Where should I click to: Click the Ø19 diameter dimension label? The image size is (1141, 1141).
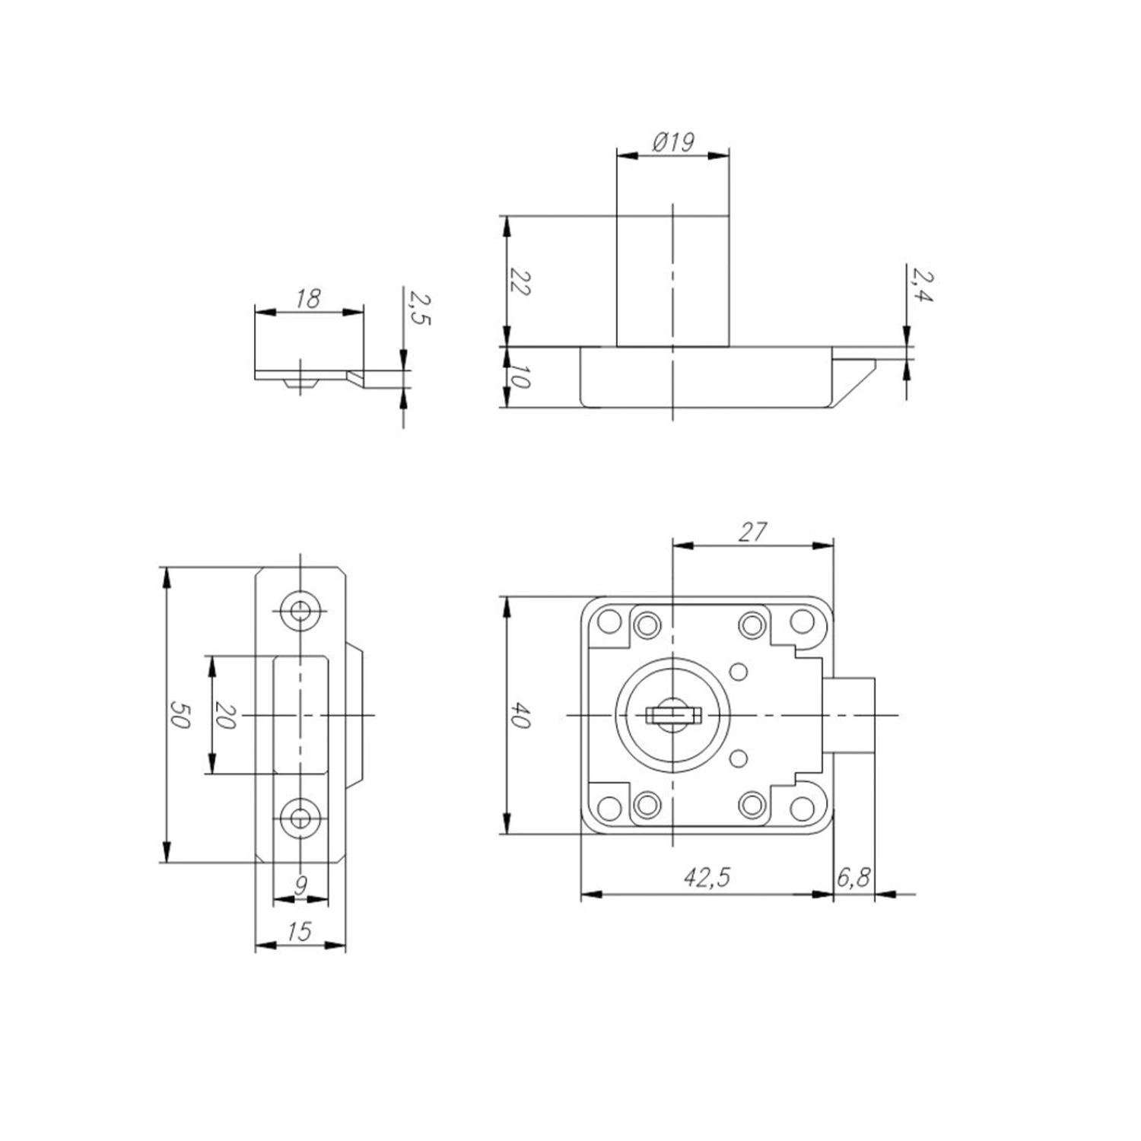click(673, 142)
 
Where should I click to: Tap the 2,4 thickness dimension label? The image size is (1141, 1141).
click(922, 285)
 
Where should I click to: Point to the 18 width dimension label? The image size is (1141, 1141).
click(308, 298)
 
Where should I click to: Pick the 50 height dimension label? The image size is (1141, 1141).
click(180, 715)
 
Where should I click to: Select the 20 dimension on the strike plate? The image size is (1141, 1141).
click(226, 715)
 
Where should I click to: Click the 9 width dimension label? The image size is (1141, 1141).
click(301, 885)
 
